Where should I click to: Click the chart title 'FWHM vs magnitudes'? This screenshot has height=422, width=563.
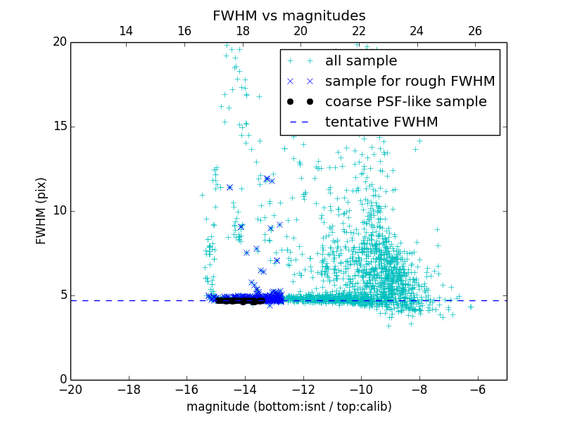289,15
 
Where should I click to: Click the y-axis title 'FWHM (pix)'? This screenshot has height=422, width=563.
42,211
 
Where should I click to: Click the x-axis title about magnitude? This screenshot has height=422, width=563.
289,407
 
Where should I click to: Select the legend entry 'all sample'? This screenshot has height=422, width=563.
361,61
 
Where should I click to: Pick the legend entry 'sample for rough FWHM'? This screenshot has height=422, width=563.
410,82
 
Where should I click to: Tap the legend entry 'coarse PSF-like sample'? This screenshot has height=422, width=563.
405,102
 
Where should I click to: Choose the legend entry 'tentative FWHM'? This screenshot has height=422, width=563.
381,122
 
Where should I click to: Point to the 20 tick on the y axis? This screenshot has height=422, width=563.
59,42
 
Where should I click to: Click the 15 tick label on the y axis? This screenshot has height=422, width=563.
59,127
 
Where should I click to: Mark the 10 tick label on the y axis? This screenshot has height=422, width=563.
59,211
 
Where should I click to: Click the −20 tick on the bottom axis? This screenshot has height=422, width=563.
70,389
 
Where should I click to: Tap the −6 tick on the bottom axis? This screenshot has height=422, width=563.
478,389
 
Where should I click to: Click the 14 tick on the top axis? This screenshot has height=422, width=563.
126,31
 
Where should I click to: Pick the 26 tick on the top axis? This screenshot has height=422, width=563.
475,31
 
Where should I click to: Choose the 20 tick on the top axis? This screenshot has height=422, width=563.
301,31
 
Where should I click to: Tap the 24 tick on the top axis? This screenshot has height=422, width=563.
417,31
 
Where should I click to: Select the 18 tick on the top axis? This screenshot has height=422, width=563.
242,31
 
